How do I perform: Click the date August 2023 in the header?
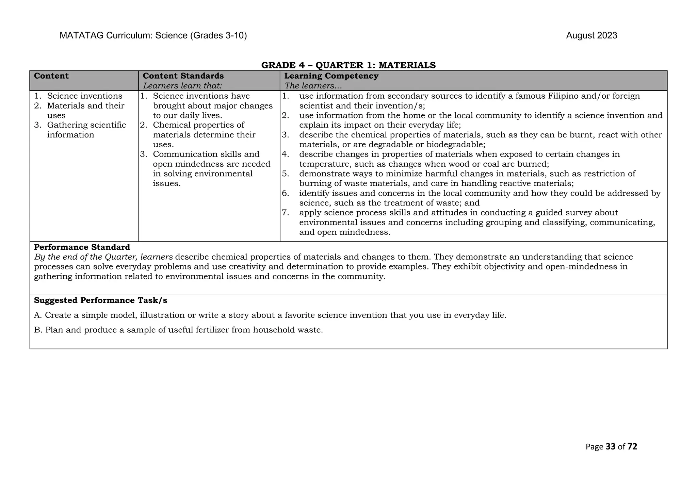click(591, 36)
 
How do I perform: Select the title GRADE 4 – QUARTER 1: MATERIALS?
click(348, 65)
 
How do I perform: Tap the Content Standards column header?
click(183, 76)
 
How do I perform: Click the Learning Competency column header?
click(331, 76)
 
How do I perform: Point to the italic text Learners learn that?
click(182, 86)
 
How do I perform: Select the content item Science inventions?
click(84, 96)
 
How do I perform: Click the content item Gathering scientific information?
click(86, 130)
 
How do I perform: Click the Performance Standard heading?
click(82, 247)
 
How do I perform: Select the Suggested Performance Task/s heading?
click(100, 300)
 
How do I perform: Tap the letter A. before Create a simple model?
click(38, 315)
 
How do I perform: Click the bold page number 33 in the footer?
click(611, 447)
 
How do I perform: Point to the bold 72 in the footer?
click(632, 447)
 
